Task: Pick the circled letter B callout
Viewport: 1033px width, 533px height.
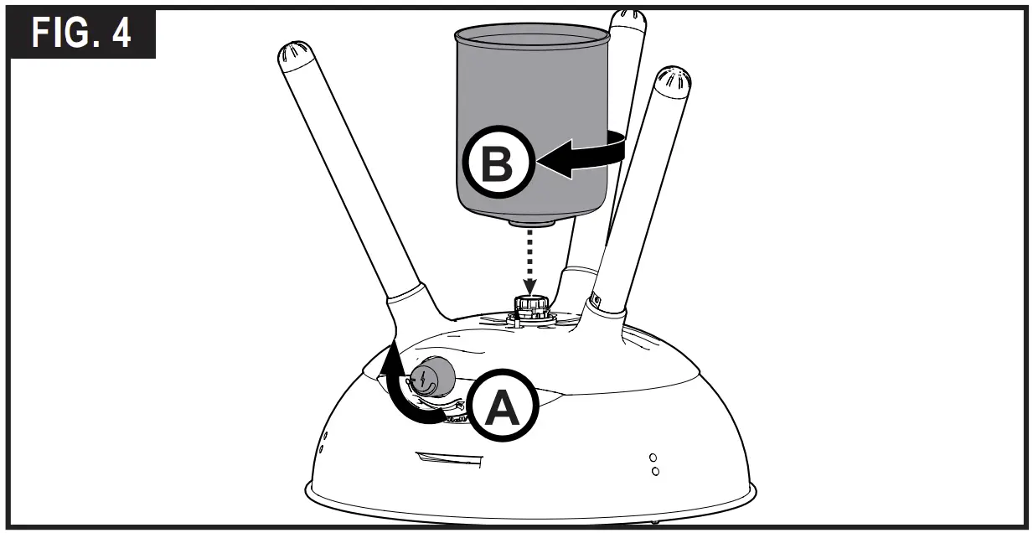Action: click(x=498, y=164)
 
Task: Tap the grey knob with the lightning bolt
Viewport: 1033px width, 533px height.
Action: click(x=431, y=376)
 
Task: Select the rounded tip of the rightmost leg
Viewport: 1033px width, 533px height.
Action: click(x=674, y=82)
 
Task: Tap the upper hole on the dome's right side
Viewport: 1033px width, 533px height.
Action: click(x=653, y=458)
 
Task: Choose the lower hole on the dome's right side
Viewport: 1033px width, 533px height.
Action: click(x=655, y=471)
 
